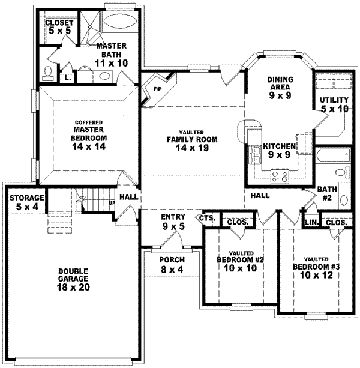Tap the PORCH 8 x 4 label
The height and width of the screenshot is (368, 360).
172,265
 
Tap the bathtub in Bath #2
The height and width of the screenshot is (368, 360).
331,156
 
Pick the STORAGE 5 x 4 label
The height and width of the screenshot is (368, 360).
26,202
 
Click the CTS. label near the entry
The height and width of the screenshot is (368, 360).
207,218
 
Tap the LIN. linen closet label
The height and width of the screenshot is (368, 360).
311,222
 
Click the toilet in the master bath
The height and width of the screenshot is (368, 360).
50,73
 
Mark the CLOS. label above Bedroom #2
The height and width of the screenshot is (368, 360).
237,222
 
